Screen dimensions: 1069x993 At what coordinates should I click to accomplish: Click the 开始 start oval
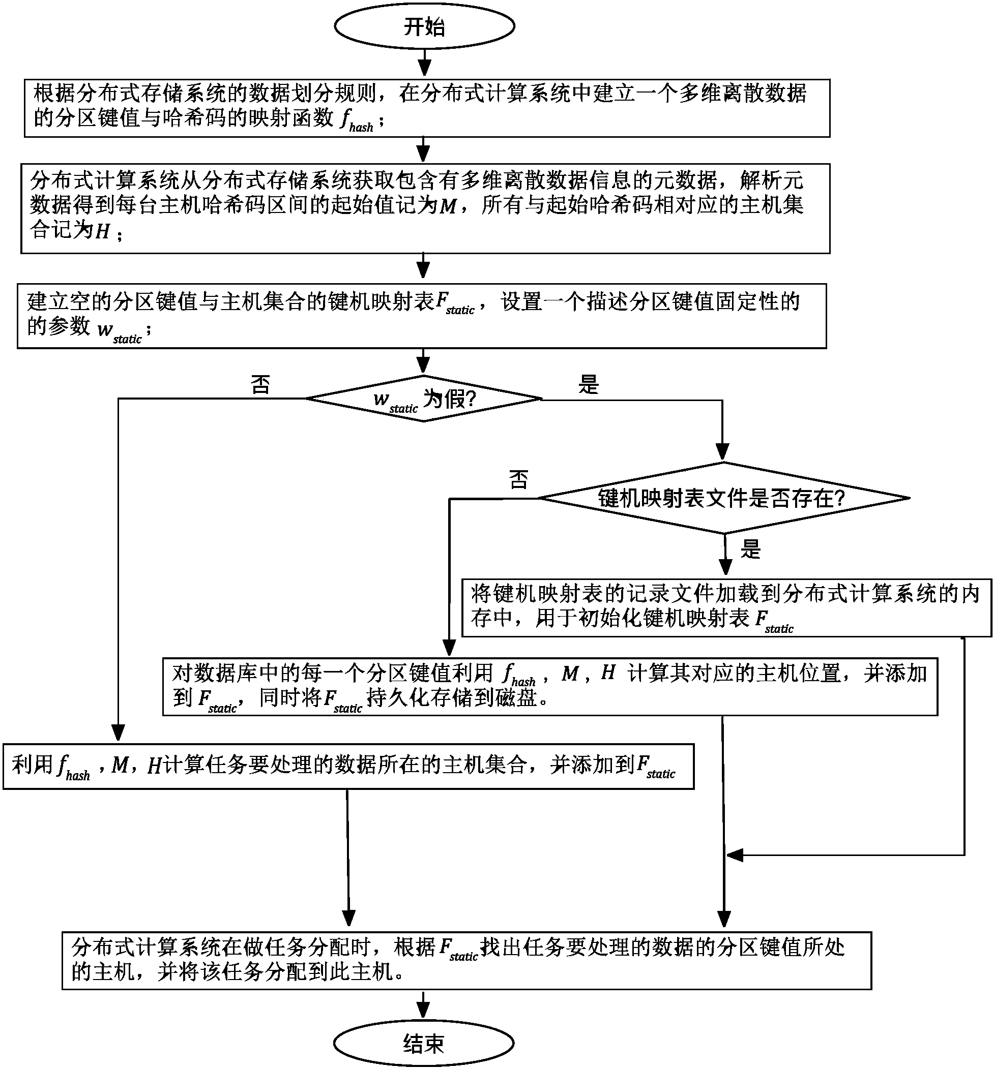point(424,26)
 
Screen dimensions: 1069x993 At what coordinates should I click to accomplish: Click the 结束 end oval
point(423,1043)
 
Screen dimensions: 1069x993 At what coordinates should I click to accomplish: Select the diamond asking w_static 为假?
point(423,399)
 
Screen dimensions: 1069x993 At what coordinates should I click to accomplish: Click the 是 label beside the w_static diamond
point(589,384)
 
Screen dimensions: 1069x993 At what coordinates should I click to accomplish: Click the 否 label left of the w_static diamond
point(260,384)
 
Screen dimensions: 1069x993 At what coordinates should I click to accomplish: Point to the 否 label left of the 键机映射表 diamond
point(518,479)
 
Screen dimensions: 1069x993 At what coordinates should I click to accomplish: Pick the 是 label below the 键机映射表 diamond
point(751,549)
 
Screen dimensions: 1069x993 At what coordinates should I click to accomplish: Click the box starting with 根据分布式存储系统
point(427,108)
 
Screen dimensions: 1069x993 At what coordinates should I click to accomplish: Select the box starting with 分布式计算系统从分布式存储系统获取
point(425,208)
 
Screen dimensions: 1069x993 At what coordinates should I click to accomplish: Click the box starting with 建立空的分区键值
point(421,316)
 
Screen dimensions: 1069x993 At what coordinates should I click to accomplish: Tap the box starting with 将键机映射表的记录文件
point(726,607)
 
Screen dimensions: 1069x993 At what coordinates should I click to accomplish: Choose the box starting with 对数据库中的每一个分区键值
point(550,686)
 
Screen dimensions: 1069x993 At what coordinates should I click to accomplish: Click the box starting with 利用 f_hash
point(348,766)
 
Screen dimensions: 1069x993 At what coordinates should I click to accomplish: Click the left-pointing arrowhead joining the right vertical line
point(734,856)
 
